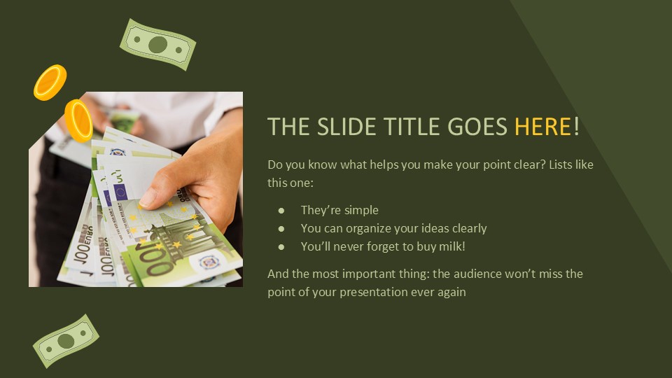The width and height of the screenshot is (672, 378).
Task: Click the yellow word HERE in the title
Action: pyautogui.click(x=543, y=127)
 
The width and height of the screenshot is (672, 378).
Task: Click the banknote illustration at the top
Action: pyautogui.click(x=158, y=45)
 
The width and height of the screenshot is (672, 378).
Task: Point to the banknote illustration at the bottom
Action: pyautogui.click(x=66, y=341)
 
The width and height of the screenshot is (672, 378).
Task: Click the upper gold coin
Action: pyautogui.click(x=50, y=82)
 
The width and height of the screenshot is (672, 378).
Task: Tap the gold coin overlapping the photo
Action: pyautogui.click(x=78, y=120)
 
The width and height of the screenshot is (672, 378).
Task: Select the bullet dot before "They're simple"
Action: pyautogui.click(x=281, y=210)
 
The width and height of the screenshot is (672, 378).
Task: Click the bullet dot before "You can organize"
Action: pyautogui.click(x=281, y=228)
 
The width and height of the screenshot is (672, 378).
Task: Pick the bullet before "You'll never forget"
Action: pyautogui.click(x=281, y=246)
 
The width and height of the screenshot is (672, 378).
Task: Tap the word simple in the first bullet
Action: pyautogui.click(x=361, y=210)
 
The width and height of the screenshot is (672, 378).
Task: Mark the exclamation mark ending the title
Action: pyautogui.click(x=576, y=127)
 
